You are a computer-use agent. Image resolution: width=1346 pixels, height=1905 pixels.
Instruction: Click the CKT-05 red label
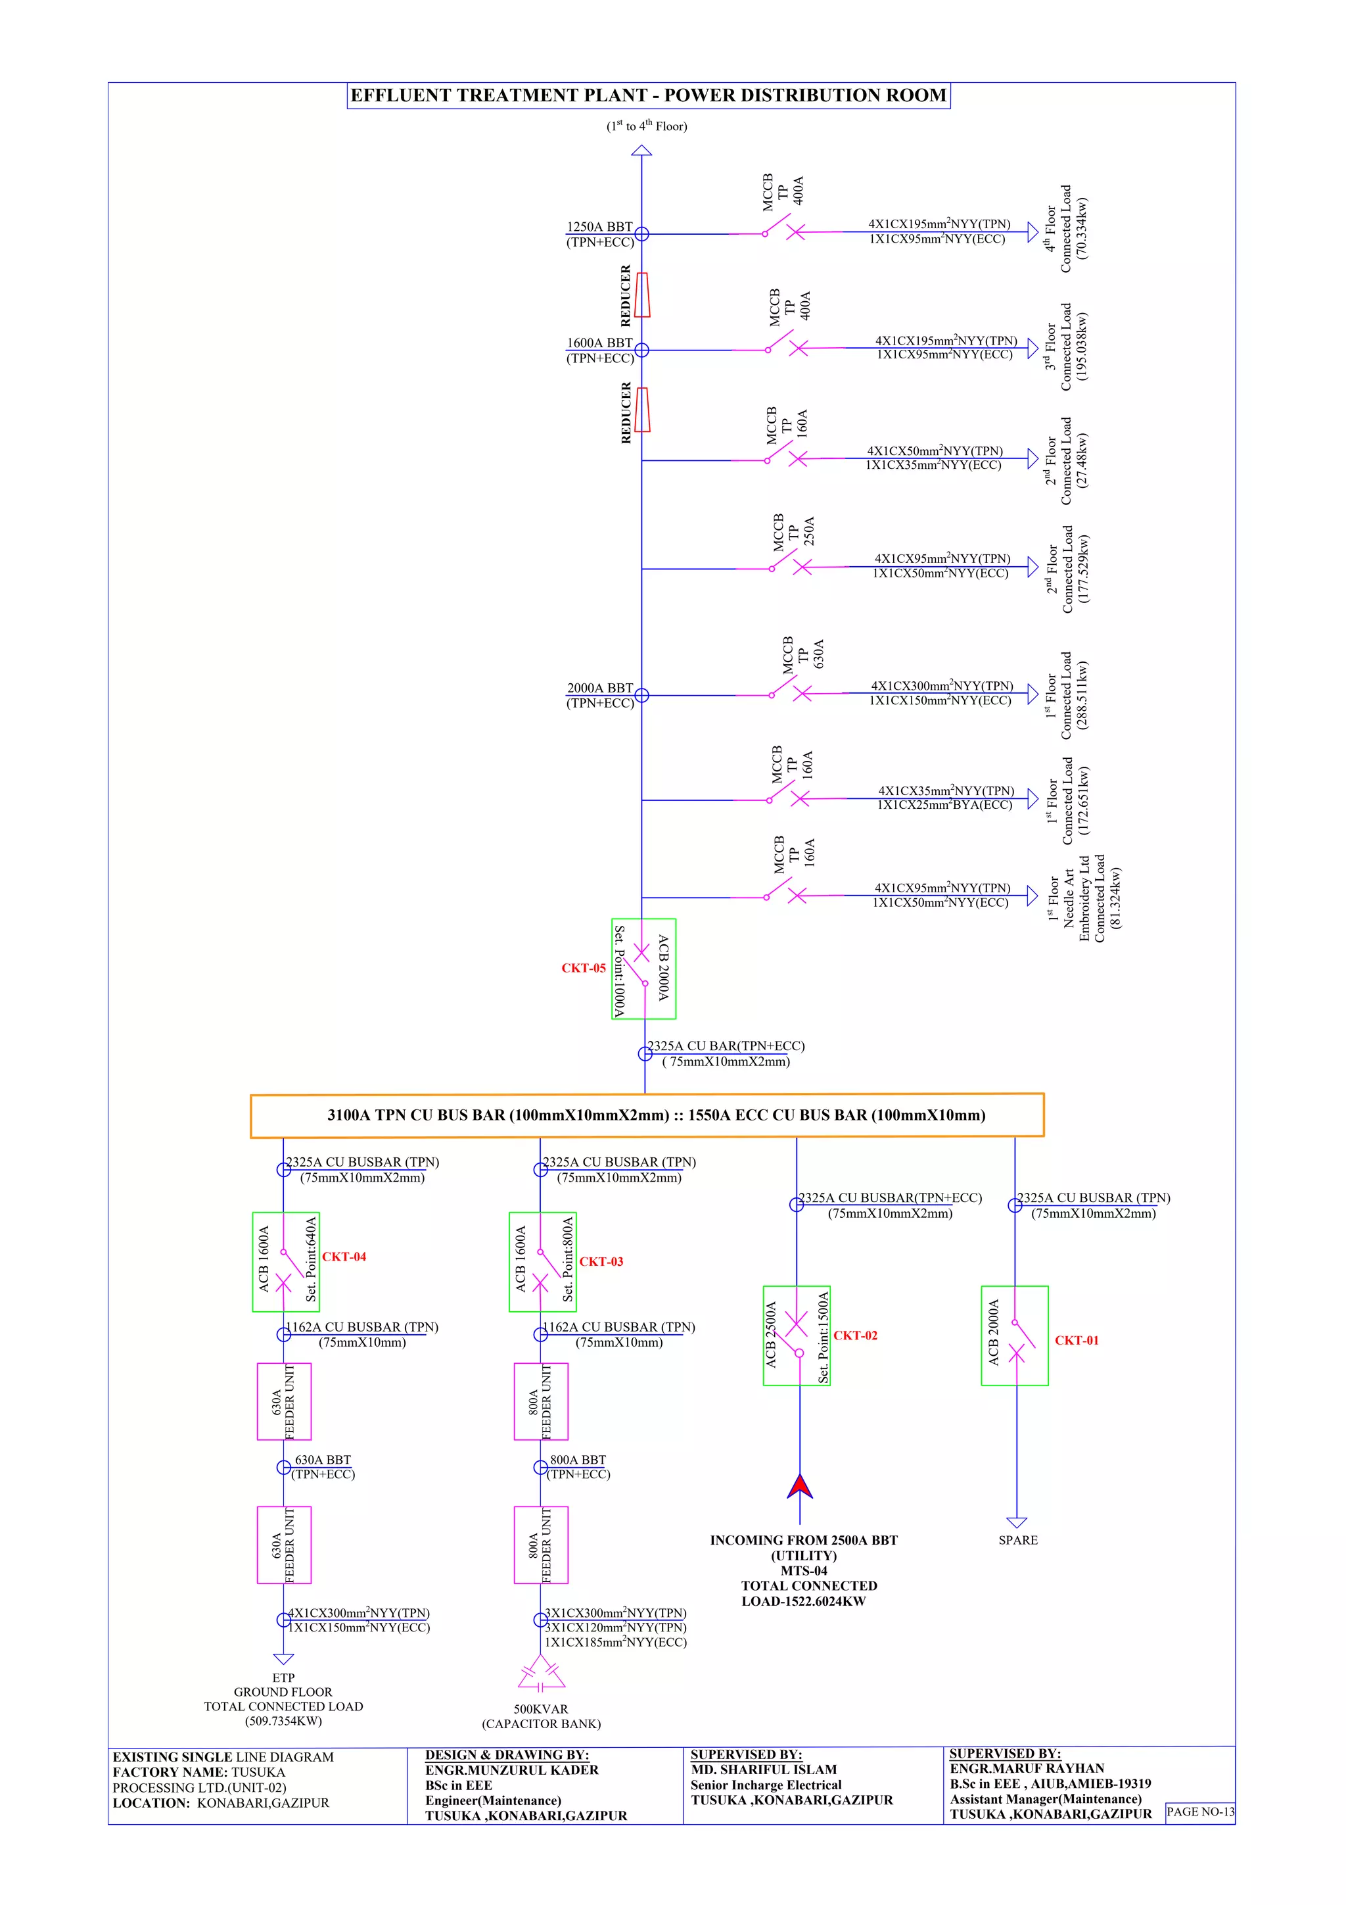click(x=583, y=968)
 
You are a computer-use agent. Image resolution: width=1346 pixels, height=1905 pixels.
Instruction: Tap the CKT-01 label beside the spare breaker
click(x=1076, y=1340)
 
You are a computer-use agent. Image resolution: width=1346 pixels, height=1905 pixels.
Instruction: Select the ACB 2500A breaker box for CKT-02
click(x=796, y=1336)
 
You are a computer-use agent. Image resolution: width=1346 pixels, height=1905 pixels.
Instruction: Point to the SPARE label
click(x=1017, y=1540)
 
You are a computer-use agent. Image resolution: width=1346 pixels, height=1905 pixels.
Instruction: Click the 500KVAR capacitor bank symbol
click(x=541, y=1673)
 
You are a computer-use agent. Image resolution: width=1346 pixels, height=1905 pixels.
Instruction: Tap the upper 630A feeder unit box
click(x=284, y=1401)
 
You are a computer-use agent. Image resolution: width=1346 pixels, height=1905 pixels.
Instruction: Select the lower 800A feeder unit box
click(x=541, y=1545)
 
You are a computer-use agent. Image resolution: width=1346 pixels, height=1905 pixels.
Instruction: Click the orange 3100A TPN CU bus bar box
click(x=647, y=1115)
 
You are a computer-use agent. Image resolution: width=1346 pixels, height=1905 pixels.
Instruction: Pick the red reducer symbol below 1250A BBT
click(x=642, y=295)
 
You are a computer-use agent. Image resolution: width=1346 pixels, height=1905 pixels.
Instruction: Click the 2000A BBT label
click(x=599, y=688)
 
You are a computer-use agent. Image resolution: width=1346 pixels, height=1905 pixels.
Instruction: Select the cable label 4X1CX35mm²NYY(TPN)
click(x=946, y=790)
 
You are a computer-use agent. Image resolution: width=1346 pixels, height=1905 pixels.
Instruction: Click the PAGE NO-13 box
click(x=1199, y=1811)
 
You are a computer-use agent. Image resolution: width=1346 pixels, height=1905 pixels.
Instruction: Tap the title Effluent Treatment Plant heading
click(x=648, y=95)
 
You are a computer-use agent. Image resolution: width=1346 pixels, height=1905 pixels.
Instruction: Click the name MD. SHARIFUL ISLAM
click(x=764, y=1770)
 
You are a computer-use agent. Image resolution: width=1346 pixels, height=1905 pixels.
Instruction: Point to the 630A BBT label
click(x=323, y=1459)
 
